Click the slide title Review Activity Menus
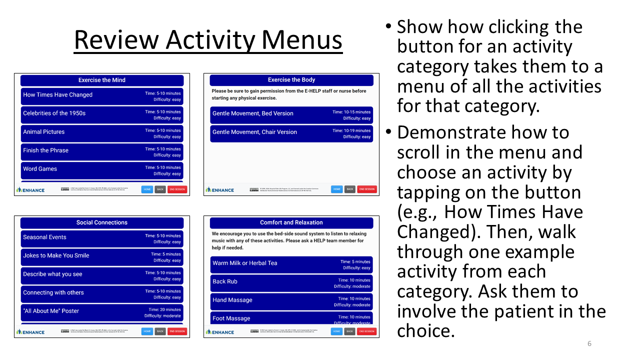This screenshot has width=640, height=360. (x=208, y=40)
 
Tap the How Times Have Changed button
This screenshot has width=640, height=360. (x=102, y=96)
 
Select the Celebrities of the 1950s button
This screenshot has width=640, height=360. (x=102, y=115)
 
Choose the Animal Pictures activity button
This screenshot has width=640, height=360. (x=102, y=133)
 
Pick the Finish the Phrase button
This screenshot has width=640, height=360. (x=102, y=152)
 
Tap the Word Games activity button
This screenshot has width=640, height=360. (x=102, y=170)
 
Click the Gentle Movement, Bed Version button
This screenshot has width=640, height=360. (x=291, y=115)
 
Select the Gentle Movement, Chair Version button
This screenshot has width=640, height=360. (x=291, y=133)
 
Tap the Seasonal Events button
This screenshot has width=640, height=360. (x=102, y=239)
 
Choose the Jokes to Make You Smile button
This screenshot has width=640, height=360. (x=102, y=257)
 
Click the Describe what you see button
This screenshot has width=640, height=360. (x=102, y=276)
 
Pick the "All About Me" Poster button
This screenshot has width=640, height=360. (x=102, y=313)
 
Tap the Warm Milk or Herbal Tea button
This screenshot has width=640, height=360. (x=291, y=264)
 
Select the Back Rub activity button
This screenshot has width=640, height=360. (x=291, y=283)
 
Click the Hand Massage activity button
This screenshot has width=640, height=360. (x=291, y=302)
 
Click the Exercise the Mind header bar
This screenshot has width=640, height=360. (x=102, y=80)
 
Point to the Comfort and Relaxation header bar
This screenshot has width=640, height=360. (x=291, y=222)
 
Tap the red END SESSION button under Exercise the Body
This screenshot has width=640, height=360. (x=366, y=189)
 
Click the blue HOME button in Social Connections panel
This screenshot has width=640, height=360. (x=147, y=331)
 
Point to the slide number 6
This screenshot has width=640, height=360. (x=589, y=343)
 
